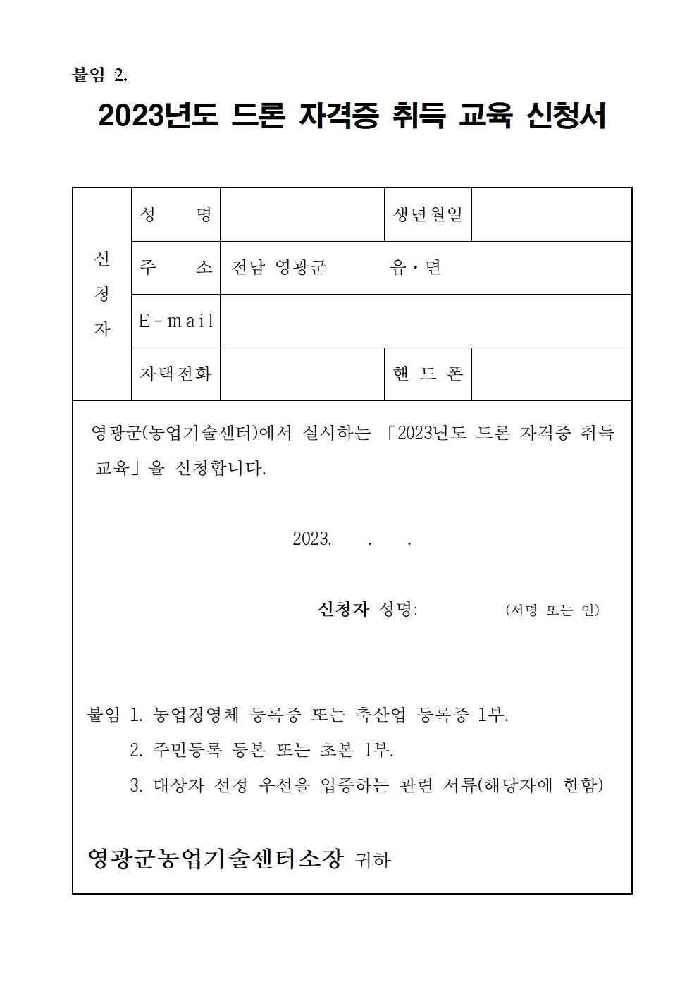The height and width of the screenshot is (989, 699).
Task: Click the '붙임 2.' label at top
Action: pyautogui.click(x=100, y=75)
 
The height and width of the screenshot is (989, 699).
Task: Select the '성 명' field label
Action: pyautogui.click(x=175, y=215)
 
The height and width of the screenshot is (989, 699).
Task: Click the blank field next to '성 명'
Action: pyautogui.click(x=302, y=215)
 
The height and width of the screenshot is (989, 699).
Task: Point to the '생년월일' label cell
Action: pyautogui.click(x=428, y=215)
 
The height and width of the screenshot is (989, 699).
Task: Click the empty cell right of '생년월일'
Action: pyautogui.click(x=551, y=215)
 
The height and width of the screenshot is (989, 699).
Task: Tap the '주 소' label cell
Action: pyautogui.click(x=175, y=268)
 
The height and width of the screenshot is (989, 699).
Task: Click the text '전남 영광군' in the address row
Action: pyautogui.click(x=279, y=268)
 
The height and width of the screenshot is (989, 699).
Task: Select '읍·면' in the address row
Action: pyautogui.click(x=415, y=268)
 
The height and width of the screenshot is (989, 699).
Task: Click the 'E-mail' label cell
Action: pyautogui.click(x=175, y=321)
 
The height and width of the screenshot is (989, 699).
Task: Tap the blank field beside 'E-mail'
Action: pyautogui.click(x=425, y=321)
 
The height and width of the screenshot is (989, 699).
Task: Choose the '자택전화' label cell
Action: pyautogui.click(x=175, y=374)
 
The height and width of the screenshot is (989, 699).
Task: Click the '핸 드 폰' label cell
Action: pyautogui.click(x=428, y=374)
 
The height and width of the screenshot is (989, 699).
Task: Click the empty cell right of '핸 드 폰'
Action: pyautogui.click(x=551, y=374)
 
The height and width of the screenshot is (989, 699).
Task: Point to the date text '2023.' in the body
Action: pyautogui.click(x=311, y=539)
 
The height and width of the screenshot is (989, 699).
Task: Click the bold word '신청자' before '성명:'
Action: pyautogui.click(x=343, y=609)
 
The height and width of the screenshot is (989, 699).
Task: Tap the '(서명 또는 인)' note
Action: pyautogui.click(x=552, y=610)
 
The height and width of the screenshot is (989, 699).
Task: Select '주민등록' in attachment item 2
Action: pyautogui.click(x=186, y=750)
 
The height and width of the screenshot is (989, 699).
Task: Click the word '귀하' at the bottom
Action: pyautogui.click(x=373, y=860)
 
